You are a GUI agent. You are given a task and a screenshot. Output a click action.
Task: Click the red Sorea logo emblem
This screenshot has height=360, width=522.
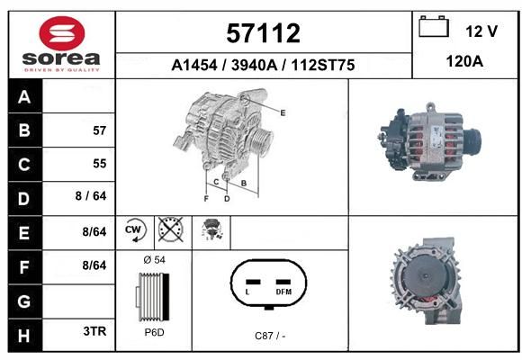coord(62,33)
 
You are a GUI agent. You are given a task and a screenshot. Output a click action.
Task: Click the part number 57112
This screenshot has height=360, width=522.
coord(263,33)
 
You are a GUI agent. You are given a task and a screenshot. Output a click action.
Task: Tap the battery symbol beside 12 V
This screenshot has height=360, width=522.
coord(434,26)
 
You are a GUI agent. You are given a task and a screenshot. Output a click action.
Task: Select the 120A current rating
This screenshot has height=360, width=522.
coord(464,61)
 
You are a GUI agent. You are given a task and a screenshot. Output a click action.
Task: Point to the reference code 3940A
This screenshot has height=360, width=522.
coord(254,65)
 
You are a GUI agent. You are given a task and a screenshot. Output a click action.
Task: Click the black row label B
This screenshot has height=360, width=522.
coord(24,130)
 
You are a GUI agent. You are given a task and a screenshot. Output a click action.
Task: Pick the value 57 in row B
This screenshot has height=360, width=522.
coord(100,130)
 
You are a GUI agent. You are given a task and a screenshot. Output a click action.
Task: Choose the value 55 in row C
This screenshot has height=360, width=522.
coord(100,164)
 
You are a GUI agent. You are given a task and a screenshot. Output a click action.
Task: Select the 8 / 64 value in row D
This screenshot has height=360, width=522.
coord(91,196)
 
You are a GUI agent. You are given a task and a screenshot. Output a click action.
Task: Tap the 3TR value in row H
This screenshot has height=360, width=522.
coord(94,331)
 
